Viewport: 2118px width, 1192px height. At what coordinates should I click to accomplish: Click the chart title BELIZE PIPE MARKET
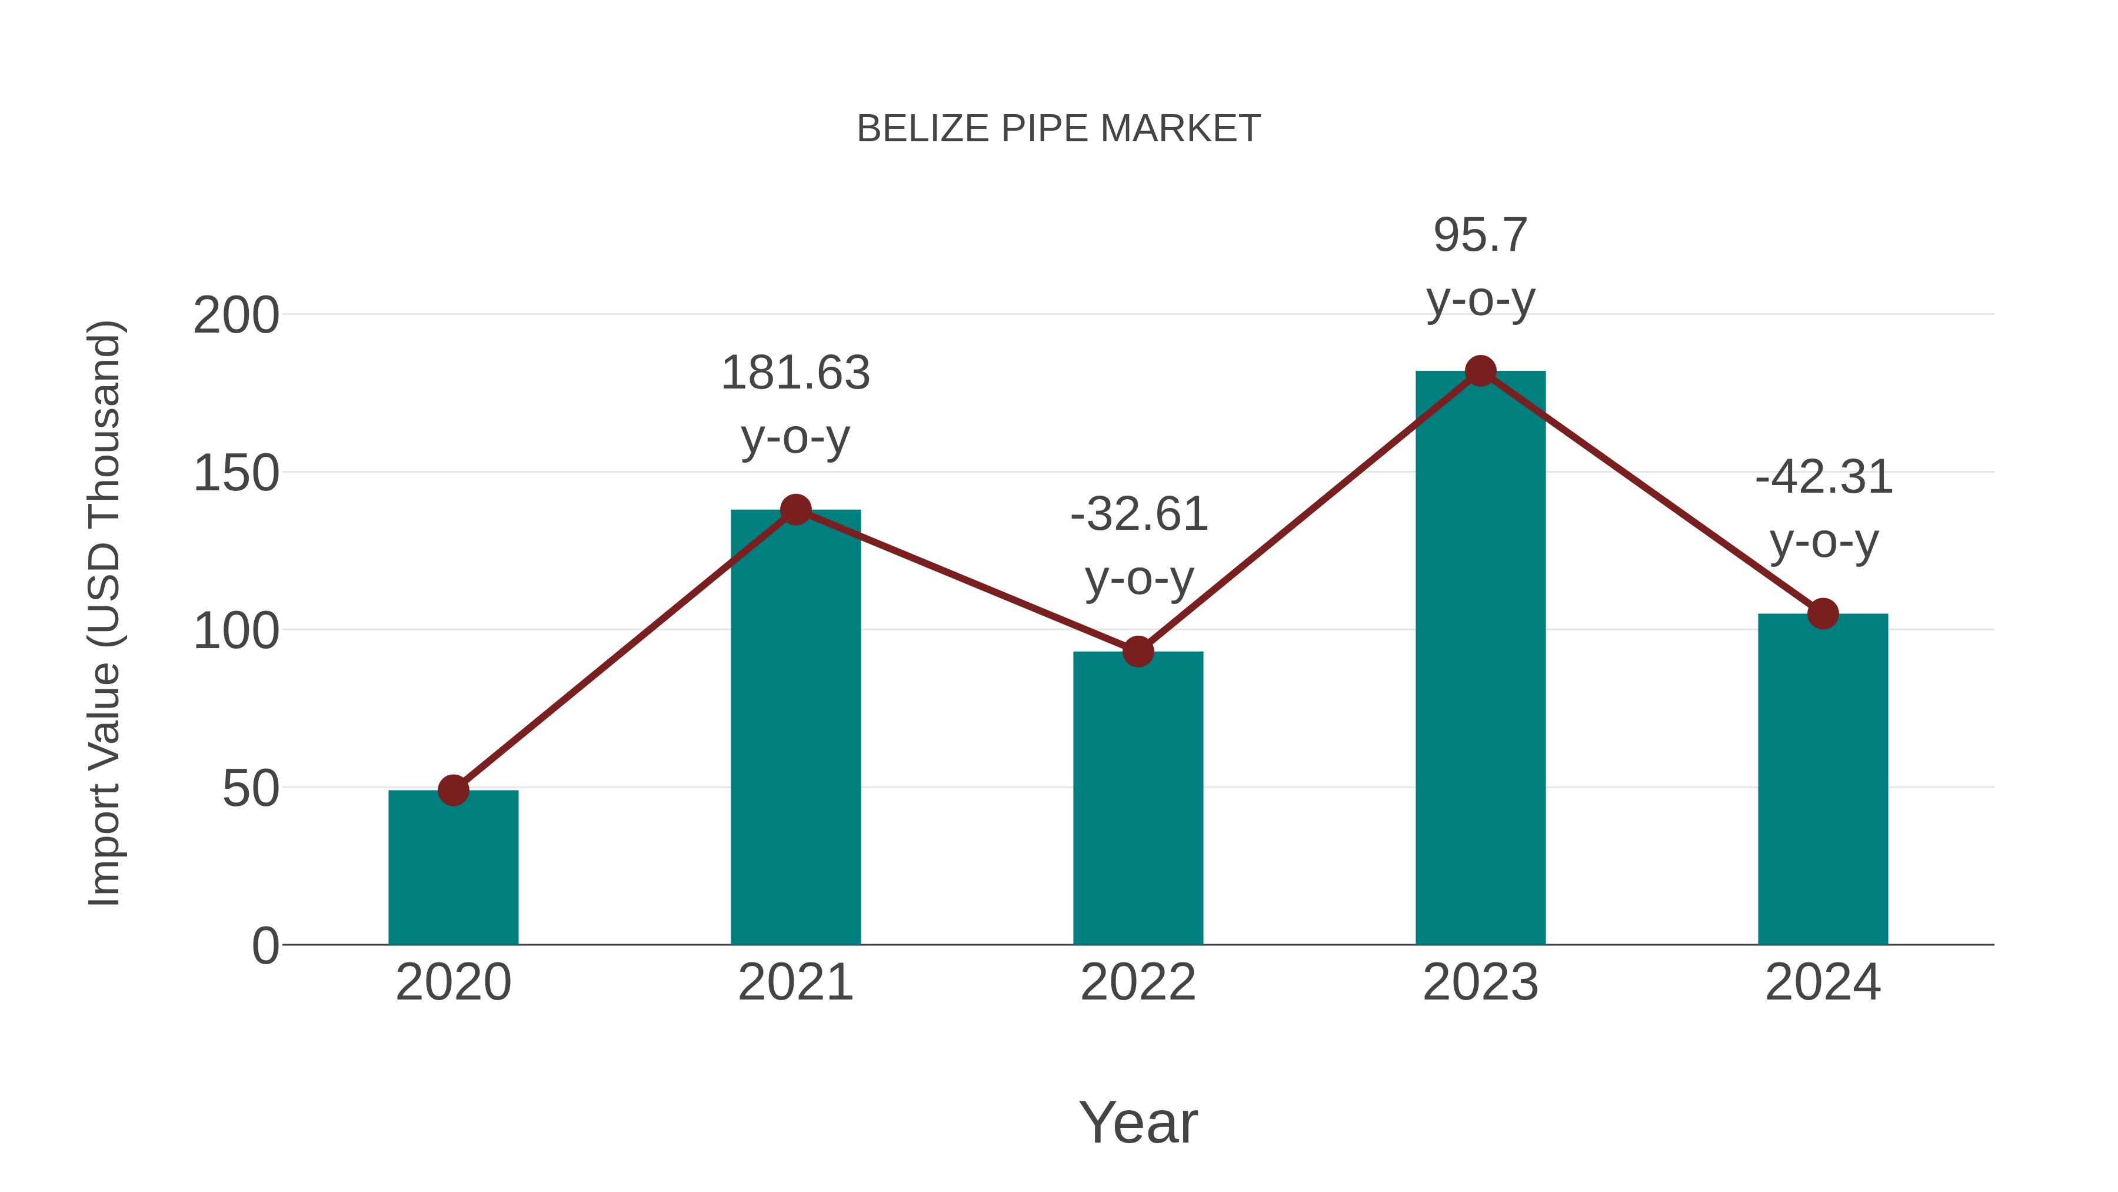(1058, 129)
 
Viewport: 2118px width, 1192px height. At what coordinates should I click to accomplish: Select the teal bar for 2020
(453, 868)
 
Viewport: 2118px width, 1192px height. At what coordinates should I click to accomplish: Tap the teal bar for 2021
(795, 728)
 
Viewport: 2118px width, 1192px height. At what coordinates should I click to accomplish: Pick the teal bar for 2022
(1138, 798)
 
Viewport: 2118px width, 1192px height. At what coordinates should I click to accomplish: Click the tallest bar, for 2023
(1480, 658)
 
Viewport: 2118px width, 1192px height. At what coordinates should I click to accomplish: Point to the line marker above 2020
(453, 791)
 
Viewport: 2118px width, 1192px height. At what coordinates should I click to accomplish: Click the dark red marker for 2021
(795, 510)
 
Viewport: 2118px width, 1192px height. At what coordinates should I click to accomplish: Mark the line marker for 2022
(1138, 652)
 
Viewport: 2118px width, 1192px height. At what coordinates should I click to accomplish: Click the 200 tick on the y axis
(236, 316)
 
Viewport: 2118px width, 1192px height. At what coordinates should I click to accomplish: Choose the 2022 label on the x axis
(1138, 982)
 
